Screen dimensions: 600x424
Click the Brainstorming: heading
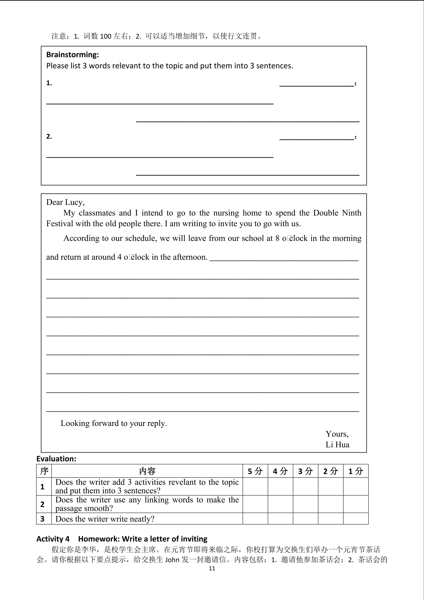73,55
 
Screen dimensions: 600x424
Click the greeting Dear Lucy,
65,202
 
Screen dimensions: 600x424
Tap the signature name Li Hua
337,444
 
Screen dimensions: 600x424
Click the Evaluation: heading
56,459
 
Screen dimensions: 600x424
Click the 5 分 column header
255,471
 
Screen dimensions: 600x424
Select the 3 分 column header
305,471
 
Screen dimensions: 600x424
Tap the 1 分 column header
356,471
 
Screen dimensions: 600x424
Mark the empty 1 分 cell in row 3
356,519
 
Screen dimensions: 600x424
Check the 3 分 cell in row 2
305,504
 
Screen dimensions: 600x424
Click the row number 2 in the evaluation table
42,504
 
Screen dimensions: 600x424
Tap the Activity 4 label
53,539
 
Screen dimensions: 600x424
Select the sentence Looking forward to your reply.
114,423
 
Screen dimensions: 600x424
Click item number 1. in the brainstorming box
49,83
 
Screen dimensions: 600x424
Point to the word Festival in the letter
59,224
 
